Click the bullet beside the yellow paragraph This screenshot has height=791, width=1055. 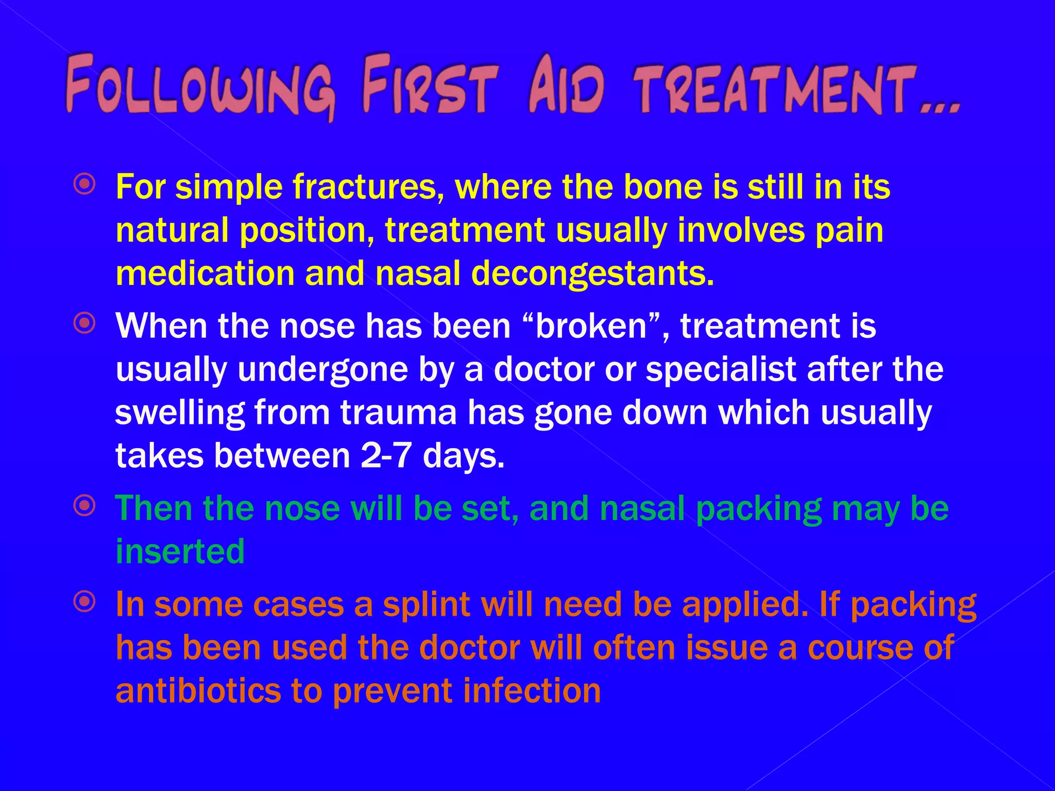(x=84, y=184)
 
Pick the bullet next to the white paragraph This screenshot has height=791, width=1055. (x=84, y=323)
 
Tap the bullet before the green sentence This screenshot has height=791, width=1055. (x=84, y=506)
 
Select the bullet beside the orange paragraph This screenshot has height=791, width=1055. (x=84, y=600)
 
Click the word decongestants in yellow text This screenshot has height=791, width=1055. (x=592, y=274)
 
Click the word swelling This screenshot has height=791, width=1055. (x=180, y=414)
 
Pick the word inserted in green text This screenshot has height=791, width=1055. (x=180, y=551)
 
